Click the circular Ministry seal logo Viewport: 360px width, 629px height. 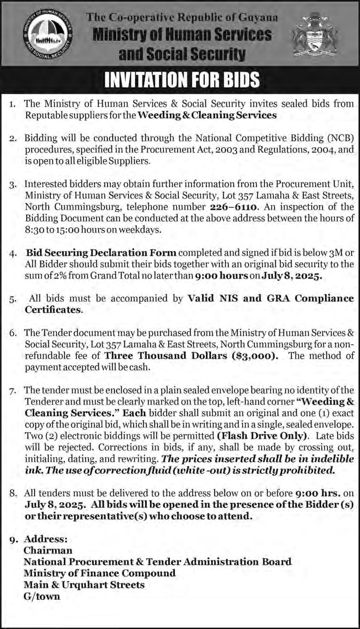tap(47, 39)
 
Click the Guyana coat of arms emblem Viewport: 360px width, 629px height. tap(315, 39)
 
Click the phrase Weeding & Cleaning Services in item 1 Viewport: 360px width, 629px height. tap(208, 115)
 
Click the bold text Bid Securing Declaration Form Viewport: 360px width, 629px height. tap(101, 253)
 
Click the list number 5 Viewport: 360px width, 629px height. tap(14, 300)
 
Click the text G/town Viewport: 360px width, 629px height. tap(42, 596)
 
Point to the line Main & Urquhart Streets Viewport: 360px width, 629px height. tap(84, 584)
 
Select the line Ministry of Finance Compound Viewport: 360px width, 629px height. tap(100, 573)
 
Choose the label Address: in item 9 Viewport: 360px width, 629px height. tap(46, 539)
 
